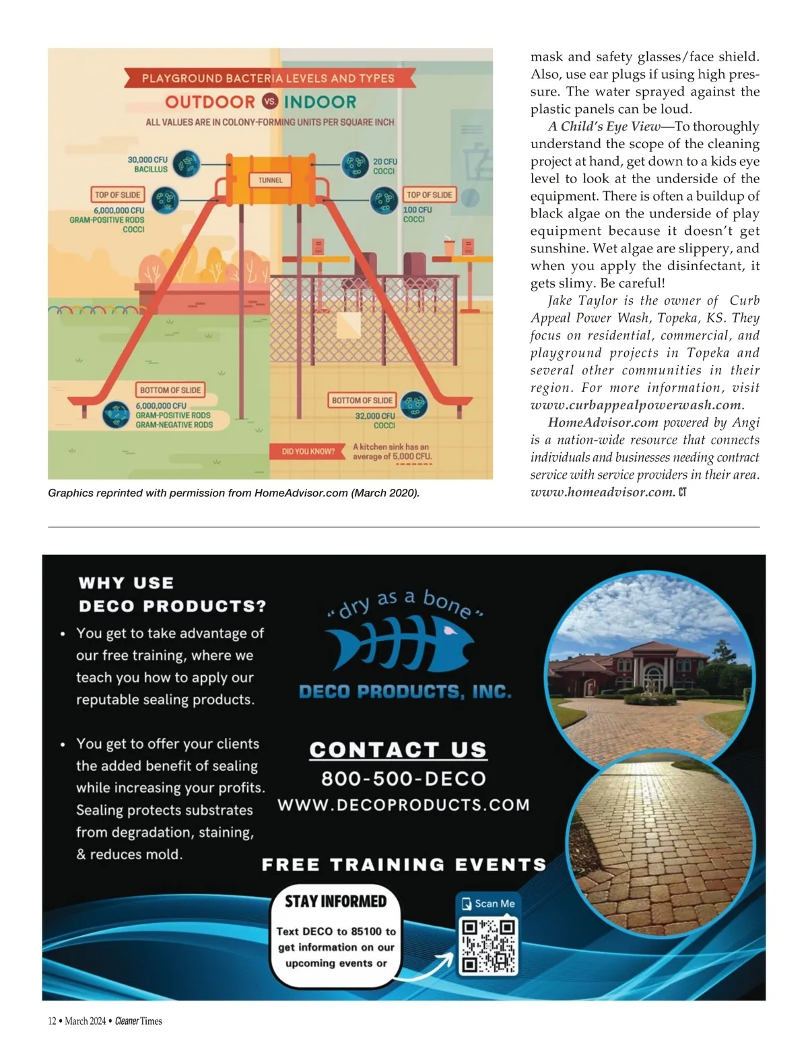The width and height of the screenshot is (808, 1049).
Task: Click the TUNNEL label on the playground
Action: [270, 180]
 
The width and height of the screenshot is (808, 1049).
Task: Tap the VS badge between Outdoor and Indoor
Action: [270, 102]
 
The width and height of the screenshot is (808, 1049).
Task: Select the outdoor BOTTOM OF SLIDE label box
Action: [170, 391]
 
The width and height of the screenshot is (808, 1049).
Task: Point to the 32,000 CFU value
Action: [375, 416]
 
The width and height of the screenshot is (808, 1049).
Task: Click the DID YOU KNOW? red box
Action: [308, 451]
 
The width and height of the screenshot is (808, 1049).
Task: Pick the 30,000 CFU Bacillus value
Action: [147, 160]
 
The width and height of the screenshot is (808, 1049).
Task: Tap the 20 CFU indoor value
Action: [385, 162]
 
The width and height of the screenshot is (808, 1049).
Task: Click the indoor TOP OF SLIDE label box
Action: [430, 195]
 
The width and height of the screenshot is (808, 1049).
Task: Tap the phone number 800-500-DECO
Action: [403, 779]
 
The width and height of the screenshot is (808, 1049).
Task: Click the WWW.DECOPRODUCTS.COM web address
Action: [403, 805]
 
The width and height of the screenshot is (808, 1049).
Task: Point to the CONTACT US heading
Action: [398, 750]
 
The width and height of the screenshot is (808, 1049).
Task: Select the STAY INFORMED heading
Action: [335, 902]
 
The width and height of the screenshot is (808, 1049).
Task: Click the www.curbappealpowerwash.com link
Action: [636, 405]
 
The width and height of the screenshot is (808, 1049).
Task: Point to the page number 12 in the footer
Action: [52, 1021]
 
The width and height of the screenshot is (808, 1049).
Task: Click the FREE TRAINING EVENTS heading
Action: [403, 865]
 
